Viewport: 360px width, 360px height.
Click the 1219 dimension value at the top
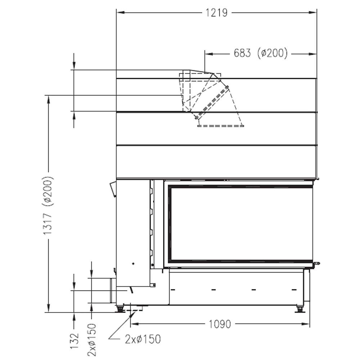216,12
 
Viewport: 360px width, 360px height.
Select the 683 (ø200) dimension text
261,53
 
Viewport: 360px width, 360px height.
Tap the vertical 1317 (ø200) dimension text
48,205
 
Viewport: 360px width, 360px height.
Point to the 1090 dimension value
220,324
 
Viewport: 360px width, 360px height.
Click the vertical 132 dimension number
75,341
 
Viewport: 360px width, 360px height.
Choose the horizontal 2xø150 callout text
143,339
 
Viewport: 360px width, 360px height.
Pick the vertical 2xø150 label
91,340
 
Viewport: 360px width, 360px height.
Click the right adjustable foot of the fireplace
300,309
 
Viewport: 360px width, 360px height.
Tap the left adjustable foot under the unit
120,309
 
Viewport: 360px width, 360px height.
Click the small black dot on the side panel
133,264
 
